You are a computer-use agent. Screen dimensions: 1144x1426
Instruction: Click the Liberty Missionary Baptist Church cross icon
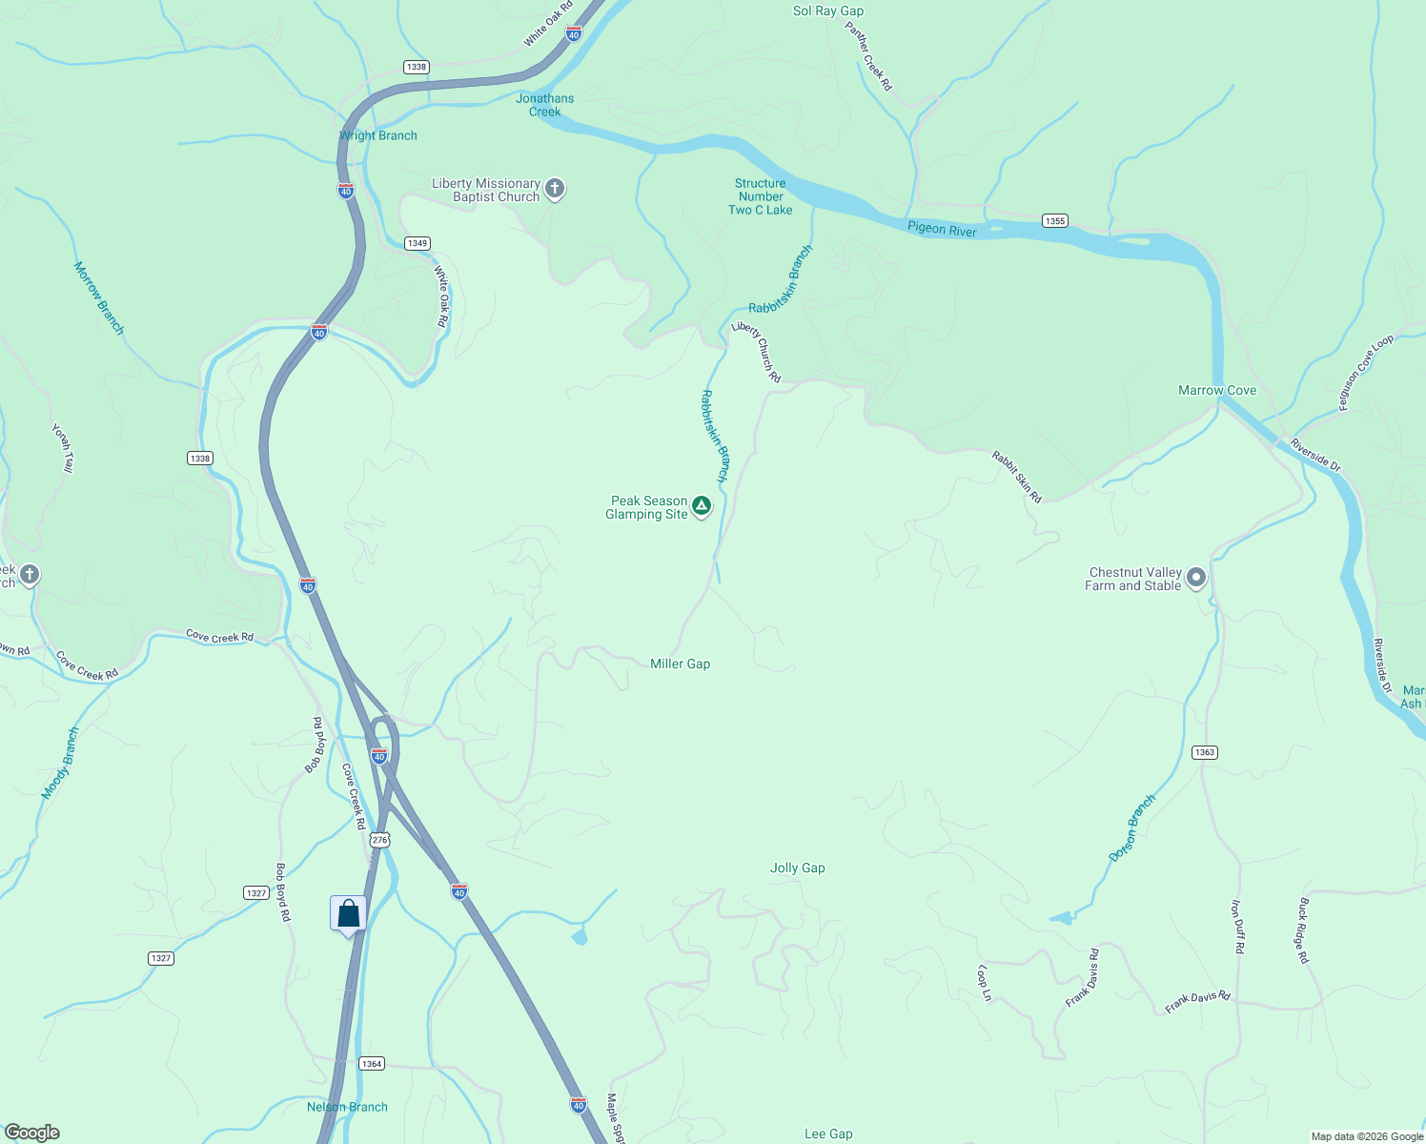pos(555,189)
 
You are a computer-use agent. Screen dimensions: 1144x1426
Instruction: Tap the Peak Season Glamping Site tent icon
pos(702,505)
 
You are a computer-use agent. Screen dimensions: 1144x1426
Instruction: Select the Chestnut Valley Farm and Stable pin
pos(1196,577)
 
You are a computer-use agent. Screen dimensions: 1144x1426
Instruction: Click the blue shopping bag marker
pos(348,914)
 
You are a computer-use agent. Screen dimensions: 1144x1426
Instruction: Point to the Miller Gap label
pos(680,664)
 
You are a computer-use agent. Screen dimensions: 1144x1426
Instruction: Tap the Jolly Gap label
pos(797,868)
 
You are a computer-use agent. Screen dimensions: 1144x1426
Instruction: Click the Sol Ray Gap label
pos(827,11)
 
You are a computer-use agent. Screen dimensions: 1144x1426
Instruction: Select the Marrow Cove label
pos(1216,390)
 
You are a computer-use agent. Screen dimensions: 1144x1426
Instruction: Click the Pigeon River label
pos(941,229)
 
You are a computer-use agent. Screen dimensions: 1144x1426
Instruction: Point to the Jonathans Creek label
pos(545,105)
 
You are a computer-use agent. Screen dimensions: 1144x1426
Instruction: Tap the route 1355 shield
pos(1054,221)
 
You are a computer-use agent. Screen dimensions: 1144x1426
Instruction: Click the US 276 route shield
pos(380,840)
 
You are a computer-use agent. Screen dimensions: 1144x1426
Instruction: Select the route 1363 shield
pos(1204,752)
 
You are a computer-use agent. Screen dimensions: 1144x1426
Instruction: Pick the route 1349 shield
pos(417,243)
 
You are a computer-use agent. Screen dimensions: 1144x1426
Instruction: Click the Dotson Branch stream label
pos(1131,827)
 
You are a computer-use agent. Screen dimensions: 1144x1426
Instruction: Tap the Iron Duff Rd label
pos(1237,927)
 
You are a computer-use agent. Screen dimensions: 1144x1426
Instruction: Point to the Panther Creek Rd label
pos(868,56)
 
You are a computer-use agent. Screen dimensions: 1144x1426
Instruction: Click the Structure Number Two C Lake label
pos(760,196)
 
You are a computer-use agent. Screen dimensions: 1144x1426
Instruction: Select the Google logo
pos(31,1133)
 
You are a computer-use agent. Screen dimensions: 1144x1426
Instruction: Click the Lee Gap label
pos(827,1134)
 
